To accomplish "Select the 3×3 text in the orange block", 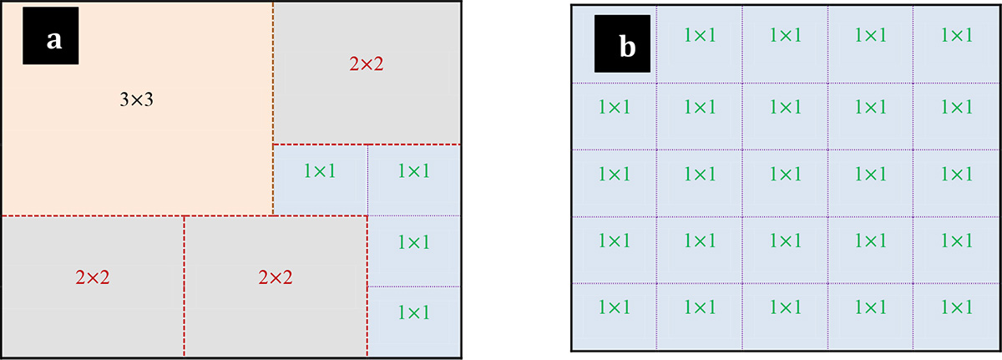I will [x=136, y=100].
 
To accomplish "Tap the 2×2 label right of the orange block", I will [x=367, y=63].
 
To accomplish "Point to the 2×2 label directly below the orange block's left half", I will [x=92, y=277].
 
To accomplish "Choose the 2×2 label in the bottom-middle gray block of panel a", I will [x=276, y=277].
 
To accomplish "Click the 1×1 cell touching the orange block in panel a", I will [x=321, y=171].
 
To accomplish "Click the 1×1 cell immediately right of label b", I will [x=700, y=36].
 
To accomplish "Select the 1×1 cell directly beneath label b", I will [x=614, y=107].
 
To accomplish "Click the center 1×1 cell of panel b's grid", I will [x=785, y=174].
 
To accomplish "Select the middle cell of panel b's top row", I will [x=785, y=36].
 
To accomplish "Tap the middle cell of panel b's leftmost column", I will [x=614, y=174].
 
